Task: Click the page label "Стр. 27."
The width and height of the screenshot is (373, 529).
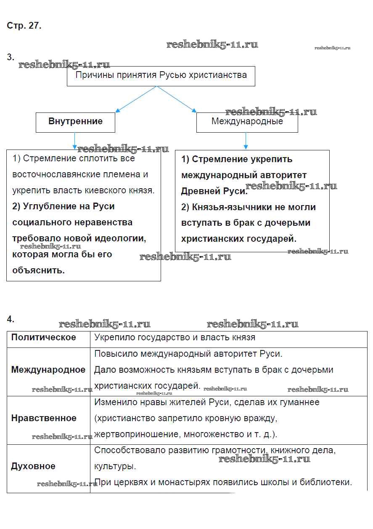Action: [x=24, y=26]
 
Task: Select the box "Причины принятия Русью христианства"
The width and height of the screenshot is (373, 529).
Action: [x=161, y=76]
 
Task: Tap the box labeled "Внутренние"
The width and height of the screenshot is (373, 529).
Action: [x=75, y=122]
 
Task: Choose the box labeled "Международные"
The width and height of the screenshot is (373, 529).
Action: [x=247, y=122]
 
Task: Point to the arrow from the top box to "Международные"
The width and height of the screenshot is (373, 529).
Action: [x=177, y=99]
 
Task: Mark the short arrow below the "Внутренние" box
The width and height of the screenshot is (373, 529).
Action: [x=75, y=141]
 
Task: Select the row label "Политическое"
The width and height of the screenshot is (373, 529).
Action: [x=44, y=337]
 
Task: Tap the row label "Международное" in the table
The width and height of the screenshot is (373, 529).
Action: [x=48, y=370]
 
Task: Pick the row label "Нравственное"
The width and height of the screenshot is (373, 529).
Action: [x=44, y=418]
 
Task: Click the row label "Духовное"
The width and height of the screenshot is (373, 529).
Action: [x=33, y=466]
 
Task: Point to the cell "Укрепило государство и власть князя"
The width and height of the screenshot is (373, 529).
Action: [x=175, y=337]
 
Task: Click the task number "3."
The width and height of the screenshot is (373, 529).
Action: [x=11, y=57]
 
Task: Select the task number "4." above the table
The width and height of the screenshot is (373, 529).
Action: [x=11, y=319]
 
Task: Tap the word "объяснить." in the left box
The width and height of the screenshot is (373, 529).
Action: [x=39, y=270]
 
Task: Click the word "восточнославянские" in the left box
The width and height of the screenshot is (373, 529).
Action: [x=56, y=174]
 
